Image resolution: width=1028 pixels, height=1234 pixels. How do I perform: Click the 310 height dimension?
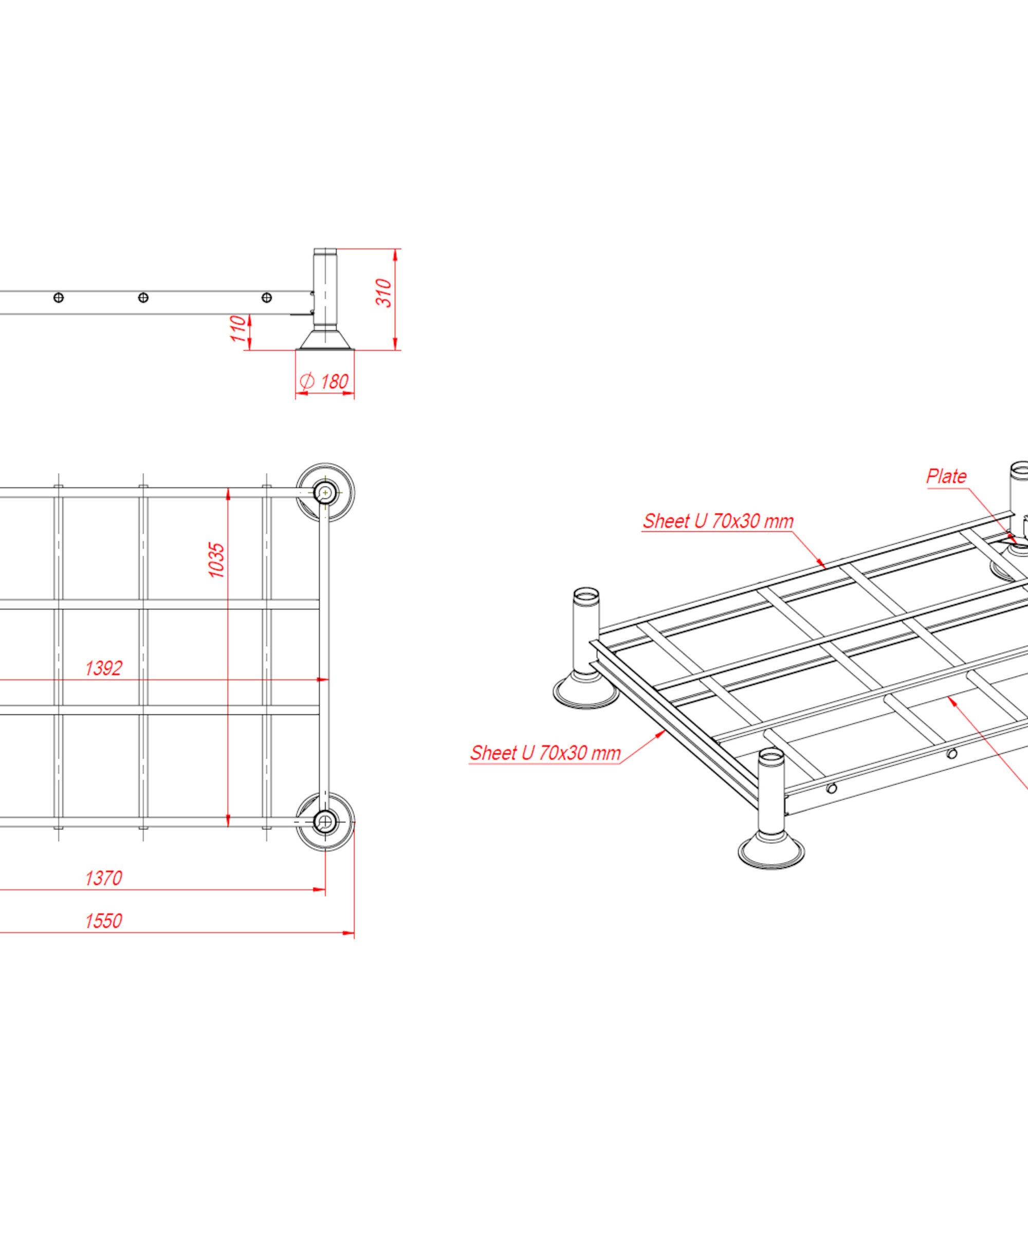pos(383,293)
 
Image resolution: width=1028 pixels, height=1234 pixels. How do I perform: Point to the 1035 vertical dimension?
pos(217,560)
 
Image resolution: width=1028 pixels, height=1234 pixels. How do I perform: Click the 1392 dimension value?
pos(103,668)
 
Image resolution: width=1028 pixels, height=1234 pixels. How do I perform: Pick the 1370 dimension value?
pos(103,878)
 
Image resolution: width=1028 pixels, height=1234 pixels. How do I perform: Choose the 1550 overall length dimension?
pos(103,921)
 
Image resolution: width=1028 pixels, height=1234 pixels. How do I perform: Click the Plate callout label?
pos(946,476)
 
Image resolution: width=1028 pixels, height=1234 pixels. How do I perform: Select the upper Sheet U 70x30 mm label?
pos(718,521)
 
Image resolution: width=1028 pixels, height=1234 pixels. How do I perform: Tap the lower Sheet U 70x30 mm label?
pos(545,753)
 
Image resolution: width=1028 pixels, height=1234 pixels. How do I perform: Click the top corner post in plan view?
pos(325,493)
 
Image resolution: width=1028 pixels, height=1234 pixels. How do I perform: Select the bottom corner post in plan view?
pos(325,822)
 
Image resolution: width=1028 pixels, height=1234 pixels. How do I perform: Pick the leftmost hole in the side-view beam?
pos(59,298)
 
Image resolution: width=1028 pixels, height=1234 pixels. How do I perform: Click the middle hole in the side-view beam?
pos(143,298)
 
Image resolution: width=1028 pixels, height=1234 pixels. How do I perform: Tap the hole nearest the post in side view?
pos(267,298)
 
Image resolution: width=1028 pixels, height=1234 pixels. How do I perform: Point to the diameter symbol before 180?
pos(307,382)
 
